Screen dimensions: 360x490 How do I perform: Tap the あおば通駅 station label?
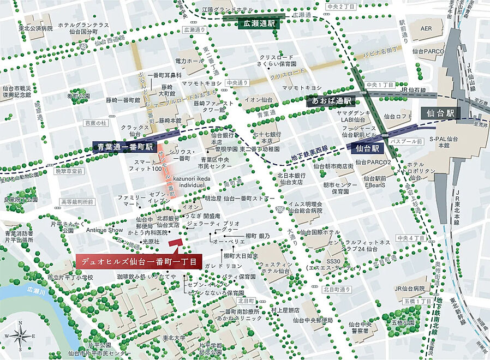[331, 101]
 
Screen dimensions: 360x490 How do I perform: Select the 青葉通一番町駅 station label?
[124, 147]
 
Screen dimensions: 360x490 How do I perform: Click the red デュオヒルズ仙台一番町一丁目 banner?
[139, 261]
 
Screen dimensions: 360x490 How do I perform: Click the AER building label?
[426, 28]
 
